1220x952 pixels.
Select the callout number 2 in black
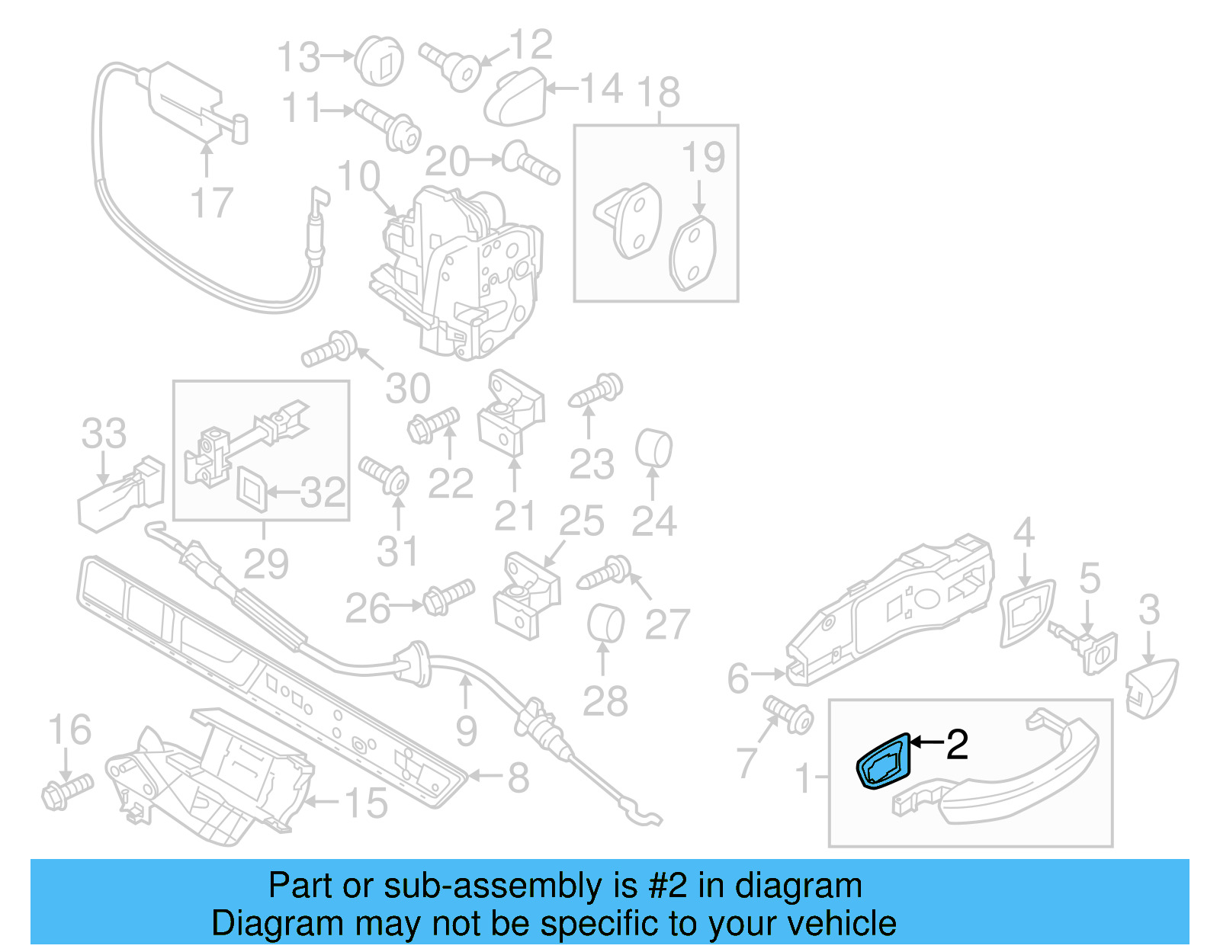pyautogui.click(x=957, y=744)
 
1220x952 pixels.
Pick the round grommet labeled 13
pyautogui.click(x=380, y=60)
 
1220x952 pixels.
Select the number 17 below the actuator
pyautogui.click(x=210, y=203)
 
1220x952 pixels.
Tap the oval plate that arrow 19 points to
pyautogui.click(x=693, y=254)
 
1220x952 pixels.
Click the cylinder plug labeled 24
pyautogui.click(x=653, y=449)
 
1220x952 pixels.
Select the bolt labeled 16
pyautogui.click(x=66, y=790)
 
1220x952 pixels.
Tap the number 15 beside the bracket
pyautogui.click(x=366, y=803)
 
